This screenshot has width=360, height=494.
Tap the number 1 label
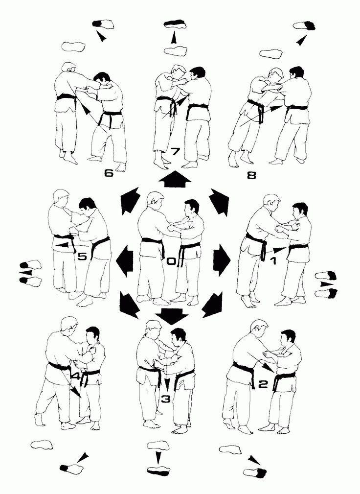[273, 261]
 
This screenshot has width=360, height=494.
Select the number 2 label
[263, 384]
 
